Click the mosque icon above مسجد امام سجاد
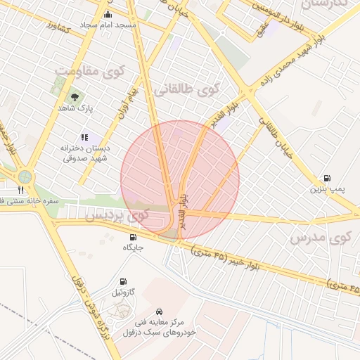107,15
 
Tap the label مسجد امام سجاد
108,25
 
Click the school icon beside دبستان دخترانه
84,137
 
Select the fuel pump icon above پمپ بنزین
326,179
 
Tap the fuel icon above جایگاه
134,237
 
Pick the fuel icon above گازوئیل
126,281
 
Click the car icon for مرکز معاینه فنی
160,311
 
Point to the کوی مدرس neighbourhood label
321,238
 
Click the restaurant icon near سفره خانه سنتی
20,190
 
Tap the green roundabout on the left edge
25,176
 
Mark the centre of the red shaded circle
180,180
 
